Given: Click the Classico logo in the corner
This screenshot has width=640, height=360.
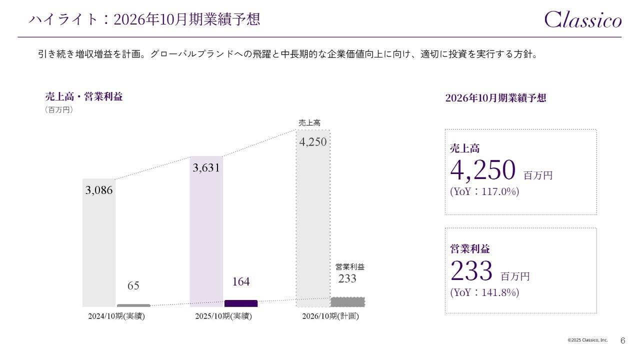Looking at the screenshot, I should [582, 19].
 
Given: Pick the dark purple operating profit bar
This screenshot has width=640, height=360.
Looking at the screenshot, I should [240, 303].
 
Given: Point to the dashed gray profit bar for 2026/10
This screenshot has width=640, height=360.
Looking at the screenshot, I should [347, 302].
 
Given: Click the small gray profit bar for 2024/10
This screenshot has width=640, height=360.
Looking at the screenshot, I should [133, 305].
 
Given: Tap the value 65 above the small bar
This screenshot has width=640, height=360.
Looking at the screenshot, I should [133, 286].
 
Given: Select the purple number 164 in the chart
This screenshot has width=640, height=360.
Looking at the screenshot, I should [240, 282].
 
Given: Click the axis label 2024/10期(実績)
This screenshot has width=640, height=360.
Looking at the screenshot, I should [116, 316].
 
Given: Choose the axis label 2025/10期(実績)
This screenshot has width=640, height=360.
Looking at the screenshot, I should [223, 316].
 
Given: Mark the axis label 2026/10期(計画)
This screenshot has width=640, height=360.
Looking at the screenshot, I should [330, 316].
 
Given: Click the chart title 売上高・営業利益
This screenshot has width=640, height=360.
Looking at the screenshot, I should [83, 97].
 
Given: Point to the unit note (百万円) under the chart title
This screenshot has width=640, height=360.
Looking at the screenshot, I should [59, 110].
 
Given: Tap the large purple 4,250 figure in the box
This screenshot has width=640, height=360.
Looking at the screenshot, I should [482, 170].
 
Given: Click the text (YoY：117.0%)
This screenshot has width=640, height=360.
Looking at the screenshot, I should [484, 191].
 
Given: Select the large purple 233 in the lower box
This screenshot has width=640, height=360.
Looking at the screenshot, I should [471, 271].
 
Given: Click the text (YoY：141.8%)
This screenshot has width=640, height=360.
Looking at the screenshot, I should [484, 292].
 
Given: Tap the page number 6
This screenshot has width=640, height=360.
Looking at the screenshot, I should [622, 340].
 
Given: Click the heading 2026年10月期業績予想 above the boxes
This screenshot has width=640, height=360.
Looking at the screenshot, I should [495, 98].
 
